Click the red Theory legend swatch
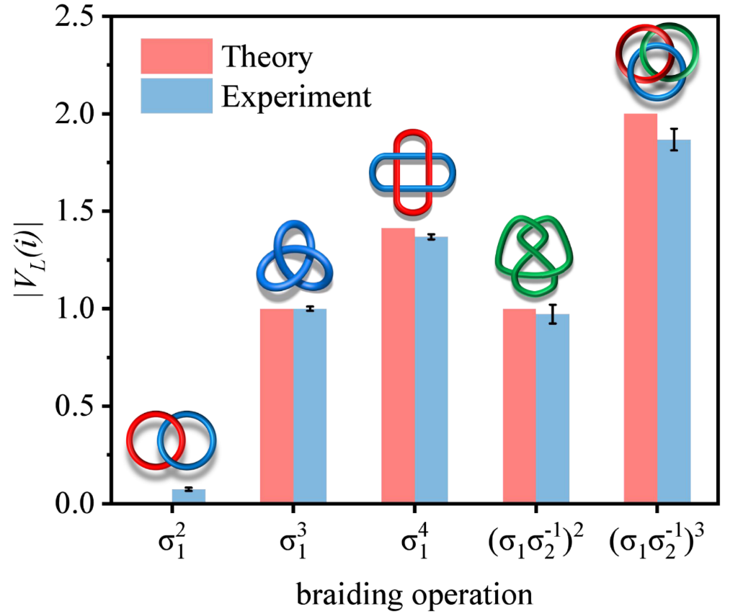pos(177,56)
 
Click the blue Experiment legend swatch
pos(177,96)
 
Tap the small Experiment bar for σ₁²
pos(189,496)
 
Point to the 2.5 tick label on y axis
pos(71,17)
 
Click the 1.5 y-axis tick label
pos(71,211)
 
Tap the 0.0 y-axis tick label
pos(71,504)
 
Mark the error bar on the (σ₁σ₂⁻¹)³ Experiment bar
pos(675,139)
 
